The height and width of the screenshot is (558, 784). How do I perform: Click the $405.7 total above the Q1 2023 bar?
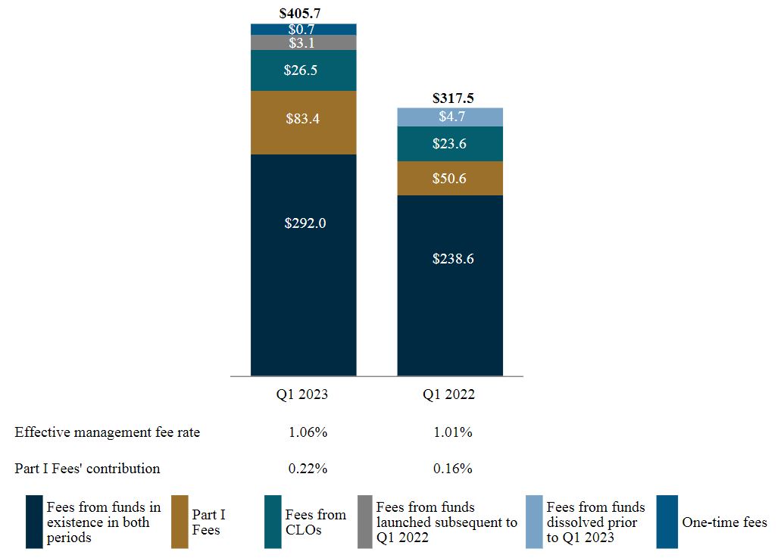click(x=303, y=13)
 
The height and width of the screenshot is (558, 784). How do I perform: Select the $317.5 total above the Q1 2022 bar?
click(x=452, y=98)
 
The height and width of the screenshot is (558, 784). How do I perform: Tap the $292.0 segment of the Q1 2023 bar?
click(x=304, y=223)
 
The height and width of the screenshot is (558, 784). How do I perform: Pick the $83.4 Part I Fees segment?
click(x=304, y=118)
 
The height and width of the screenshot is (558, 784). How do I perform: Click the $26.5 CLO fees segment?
click(x=304, y=70)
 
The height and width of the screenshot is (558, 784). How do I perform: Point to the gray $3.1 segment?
click(x=304, y=42)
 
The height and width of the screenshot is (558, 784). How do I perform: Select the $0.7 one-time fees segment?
click(x=304, y=29)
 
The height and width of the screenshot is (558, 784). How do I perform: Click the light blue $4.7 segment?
click(x=452, y=117)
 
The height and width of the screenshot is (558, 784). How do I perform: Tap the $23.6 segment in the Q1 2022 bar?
click(x=452, y=143)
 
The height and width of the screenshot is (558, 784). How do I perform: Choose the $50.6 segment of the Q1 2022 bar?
click(x=452, y=179)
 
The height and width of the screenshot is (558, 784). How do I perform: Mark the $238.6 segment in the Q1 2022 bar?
click(x=452, y=258)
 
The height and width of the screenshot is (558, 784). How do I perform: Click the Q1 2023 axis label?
click(x=304, y=394)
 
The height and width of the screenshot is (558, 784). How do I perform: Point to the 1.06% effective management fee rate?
click(x=308, y=432)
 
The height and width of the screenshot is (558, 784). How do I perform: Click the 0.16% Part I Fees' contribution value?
click(x=453, y=469)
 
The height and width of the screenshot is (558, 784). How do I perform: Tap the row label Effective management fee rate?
click(x=107, y=432)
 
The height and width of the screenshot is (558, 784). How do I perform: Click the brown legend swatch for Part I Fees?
click(x=180, y=522)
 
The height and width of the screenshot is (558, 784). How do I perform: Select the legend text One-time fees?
click(x=724, y=522)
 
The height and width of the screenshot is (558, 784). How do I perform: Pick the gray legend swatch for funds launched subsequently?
click(x=364, y=522)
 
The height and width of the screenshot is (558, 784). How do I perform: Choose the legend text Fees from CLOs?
click(x=315, y=522)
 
